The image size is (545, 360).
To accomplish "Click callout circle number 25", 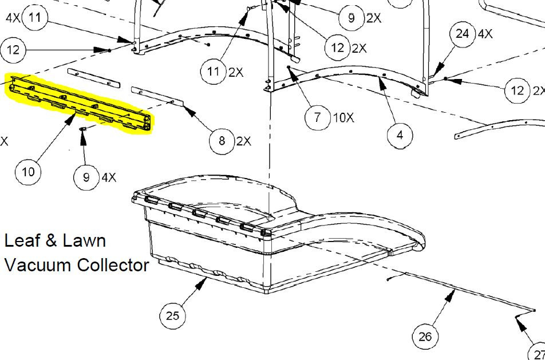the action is (x=172, y=315).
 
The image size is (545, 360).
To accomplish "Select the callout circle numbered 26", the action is (x=425, y=337).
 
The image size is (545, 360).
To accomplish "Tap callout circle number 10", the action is (x=28, y=172).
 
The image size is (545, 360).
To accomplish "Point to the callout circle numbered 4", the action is (x=400, y=135).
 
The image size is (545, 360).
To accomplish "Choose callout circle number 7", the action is (x=318, y=117).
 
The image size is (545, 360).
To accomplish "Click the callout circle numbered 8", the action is (x=222, y=141).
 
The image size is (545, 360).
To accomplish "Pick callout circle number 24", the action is (x=463, y=34).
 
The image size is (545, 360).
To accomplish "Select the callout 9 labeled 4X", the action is (x=86, y=177).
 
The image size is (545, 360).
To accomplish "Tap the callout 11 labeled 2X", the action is (x=214, y=72).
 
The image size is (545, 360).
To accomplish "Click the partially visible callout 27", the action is (x=538, y=351).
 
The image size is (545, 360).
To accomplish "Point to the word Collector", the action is (x=113, y=265).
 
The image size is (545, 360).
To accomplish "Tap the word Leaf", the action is (x=22, y=240).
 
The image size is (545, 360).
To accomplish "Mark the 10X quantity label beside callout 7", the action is (x=343, y=118).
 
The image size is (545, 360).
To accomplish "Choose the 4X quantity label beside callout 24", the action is (x=485, y=34).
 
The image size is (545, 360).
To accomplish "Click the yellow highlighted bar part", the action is (x=79, y=102).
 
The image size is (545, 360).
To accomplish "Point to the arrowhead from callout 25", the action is (x=202, y=284).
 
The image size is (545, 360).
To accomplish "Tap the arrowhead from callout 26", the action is (x=451, y=295).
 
